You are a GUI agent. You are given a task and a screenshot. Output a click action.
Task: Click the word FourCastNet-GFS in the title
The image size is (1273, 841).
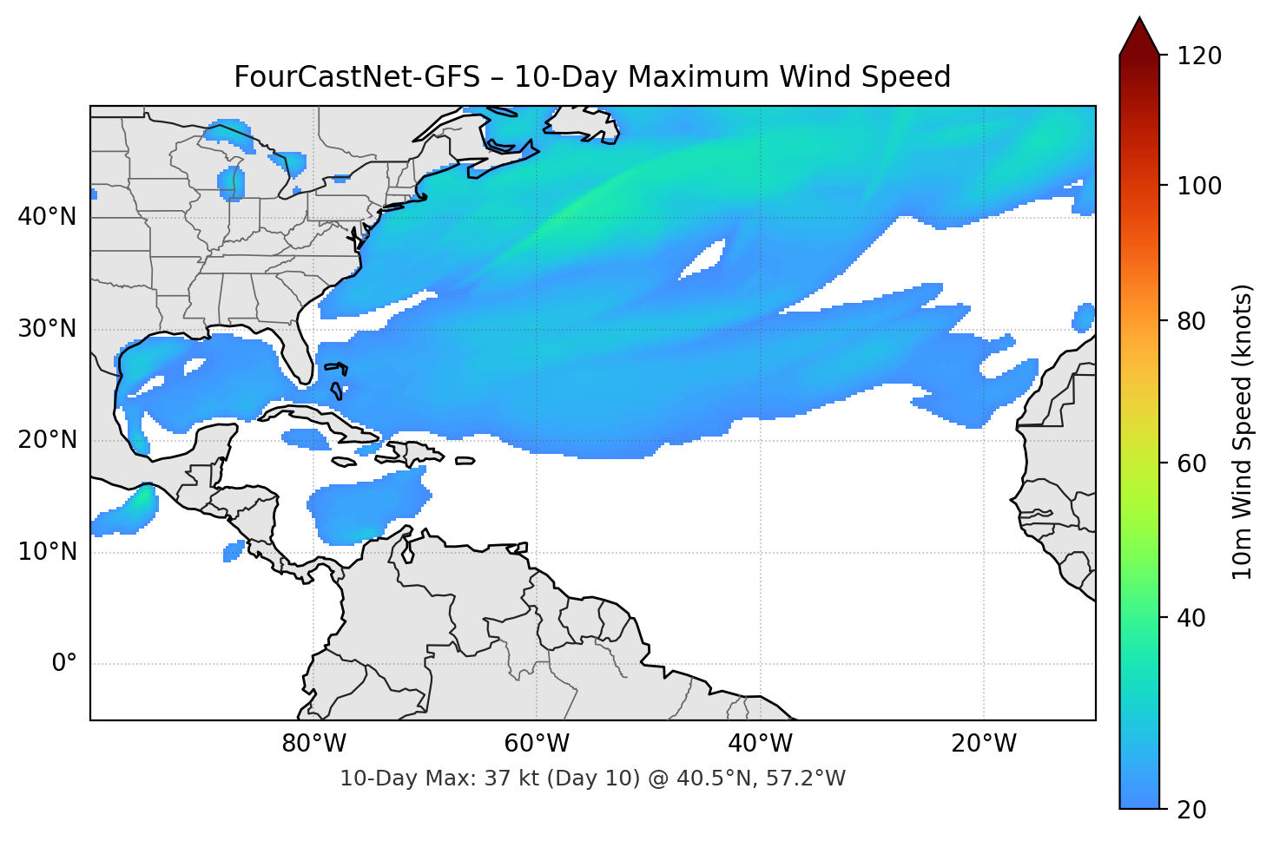[357, 77]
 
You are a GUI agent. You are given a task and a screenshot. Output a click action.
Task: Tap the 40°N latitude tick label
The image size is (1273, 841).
[47, 217]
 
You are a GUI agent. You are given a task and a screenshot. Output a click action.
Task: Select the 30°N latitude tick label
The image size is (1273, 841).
[47, 329]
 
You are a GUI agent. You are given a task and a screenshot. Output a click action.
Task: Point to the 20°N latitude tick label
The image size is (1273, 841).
[47, 440]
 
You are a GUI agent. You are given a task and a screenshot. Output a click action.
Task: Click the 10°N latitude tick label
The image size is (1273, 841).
[47, 552]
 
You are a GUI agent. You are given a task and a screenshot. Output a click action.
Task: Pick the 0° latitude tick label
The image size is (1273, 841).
[64, 664]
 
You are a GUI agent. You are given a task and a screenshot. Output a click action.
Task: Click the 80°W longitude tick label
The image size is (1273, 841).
[313, 744]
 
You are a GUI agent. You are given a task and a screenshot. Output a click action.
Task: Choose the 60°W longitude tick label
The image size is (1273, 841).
[537, 744]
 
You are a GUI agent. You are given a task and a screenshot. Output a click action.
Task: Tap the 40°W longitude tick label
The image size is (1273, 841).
[760, 744]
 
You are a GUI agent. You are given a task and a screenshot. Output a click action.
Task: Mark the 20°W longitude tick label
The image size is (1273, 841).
[983, 744]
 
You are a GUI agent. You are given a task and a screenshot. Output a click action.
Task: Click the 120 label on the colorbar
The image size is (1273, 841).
[1199, 56]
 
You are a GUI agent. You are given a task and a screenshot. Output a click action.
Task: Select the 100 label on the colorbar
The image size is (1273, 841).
[1199, 186]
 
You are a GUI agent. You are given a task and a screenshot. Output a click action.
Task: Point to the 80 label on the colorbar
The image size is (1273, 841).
[1193, 321]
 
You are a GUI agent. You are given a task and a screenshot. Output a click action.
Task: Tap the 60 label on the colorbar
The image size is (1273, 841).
[1193, 463]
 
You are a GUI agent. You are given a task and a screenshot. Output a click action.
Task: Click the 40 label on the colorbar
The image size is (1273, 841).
[1193, 618]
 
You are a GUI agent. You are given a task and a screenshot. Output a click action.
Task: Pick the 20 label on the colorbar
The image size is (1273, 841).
[1193, 810]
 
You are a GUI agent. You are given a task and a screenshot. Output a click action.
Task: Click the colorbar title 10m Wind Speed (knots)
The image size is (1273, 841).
[1243, 431]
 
